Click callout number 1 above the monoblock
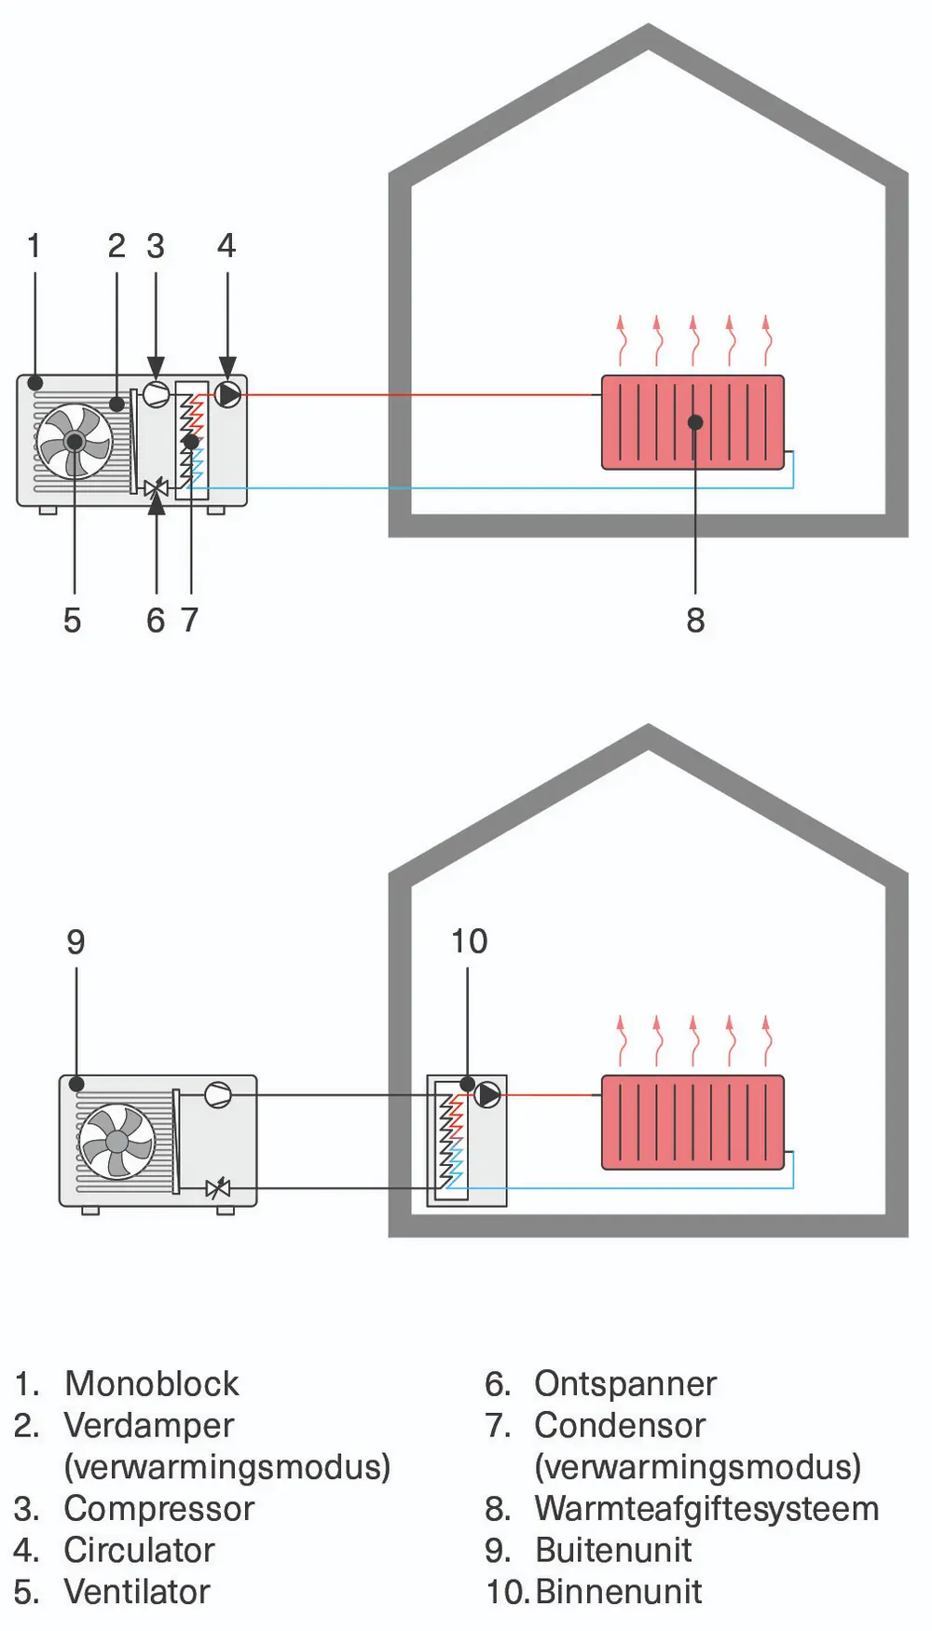point(34,246)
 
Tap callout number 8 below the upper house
point(695,620)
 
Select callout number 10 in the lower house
point(469,941)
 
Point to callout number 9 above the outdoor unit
point(75,942)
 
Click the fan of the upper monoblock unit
point(75,441)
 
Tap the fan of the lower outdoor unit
point(117,1142)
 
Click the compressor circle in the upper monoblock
point(156,394)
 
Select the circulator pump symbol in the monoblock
point(227,394)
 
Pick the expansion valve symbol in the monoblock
point(157,487)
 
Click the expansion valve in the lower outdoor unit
point(218,1188)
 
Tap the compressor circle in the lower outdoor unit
point(218,1094)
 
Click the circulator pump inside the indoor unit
point(487,1094)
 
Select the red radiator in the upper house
point(692,422)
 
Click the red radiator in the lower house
point(692,1122)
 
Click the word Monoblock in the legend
point(152,1384)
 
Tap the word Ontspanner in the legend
point(625,1384)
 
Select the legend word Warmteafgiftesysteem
point(706,1509)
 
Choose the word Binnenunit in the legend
point(618,1592)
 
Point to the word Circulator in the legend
point(139,1551)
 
